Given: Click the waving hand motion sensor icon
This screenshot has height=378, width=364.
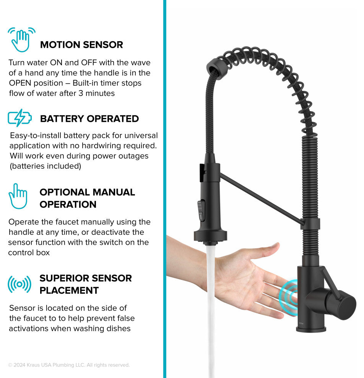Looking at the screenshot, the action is tap(21, 40).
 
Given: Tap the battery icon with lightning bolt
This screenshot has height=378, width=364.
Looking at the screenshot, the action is tap(19, 118).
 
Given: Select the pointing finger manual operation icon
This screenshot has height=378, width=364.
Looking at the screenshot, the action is tap(18, 196).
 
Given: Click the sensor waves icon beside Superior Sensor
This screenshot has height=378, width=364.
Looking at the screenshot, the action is tap(19, 284).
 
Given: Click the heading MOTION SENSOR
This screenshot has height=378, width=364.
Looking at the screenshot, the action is tap(81, 45).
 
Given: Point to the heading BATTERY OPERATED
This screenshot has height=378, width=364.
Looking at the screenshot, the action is tap(89, 119).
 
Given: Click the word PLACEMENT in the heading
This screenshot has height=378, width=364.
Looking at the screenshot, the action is tap(69, 291).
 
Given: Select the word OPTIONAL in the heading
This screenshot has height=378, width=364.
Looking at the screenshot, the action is tap(65, 192).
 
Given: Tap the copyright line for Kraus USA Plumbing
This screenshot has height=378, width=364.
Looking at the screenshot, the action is tap(69, 365).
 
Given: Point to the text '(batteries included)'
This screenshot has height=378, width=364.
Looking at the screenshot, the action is tap(45, 166).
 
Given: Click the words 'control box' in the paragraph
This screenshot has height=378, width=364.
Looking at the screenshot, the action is tap(29, 253).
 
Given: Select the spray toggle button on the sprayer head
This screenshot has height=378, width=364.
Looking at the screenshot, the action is tap(201, 210).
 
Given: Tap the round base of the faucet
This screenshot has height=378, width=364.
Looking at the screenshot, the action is tap(311, 329).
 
